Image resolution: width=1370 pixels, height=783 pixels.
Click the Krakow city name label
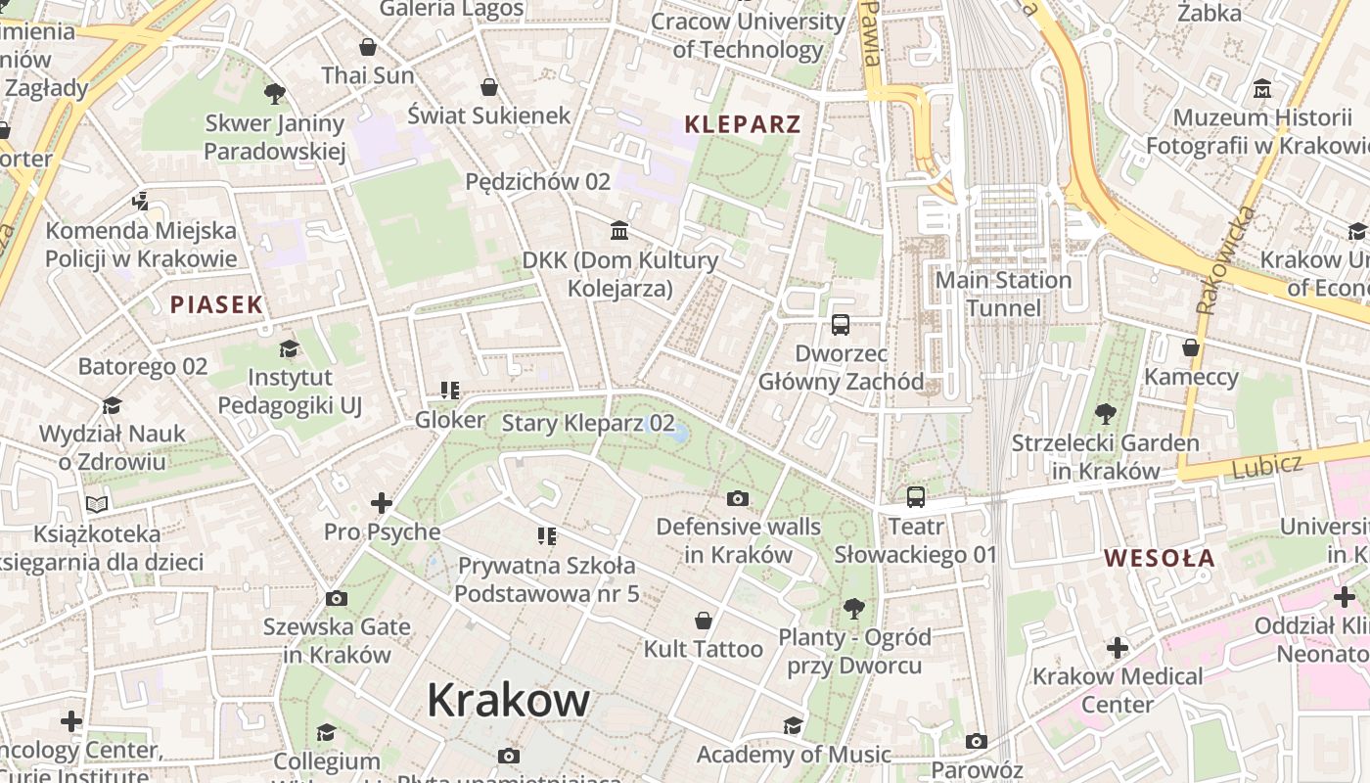pos(508,700)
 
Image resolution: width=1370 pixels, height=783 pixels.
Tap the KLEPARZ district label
pos(742,124)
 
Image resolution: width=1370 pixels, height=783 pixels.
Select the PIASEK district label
pos(216,304)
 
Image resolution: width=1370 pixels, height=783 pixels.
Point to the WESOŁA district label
pos(1160,559)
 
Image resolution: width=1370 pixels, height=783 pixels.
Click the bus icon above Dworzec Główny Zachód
pos(840,325)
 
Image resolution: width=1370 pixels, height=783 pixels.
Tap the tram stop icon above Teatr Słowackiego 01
pos(915,497)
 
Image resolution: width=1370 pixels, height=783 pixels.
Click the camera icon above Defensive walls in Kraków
pos(738,498)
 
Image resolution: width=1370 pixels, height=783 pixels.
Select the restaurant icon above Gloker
pos(449,391)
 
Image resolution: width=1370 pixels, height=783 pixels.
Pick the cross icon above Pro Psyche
pos(382,504)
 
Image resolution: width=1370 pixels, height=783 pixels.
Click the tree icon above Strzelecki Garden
pos(1105,414)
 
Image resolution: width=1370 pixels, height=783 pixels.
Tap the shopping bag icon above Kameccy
pos(1191,347)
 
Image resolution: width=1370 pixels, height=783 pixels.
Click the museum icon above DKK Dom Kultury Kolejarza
pos(619,231)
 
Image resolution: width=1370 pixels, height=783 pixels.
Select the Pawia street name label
pos(871,34)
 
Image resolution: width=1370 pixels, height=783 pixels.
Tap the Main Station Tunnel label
pos(1003,295)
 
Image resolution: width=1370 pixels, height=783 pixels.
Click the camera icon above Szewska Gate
pos(336,598)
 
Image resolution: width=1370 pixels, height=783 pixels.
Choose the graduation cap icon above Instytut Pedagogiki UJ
pos(289,348)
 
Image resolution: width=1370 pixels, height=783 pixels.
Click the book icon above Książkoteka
pos(96,505)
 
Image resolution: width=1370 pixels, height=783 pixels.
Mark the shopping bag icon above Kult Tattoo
pos(703,621)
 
